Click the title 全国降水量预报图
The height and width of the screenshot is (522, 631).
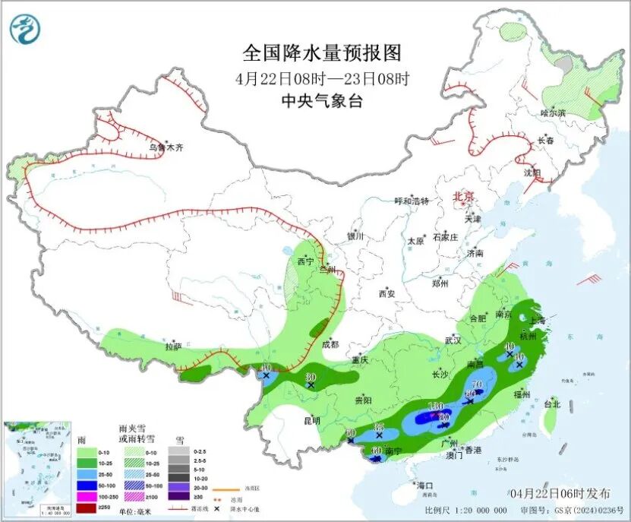click(321, 53)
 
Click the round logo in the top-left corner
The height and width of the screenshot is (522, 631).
click(25, 30)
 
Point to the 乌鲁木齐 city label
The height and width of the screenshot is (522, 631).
click(166, 148)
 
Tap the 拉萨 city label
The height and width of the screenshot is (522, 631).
click(173, 346)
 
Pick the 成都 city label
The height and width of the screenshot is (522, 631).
click(330, 343)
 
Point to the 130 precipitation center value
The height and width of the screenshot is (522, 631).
click(436, 407)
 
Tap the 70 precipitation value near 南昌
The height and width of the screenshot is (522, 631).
click(478, 384)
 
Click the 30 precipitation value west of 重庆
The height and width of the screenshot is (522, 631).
click(310, 378)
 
